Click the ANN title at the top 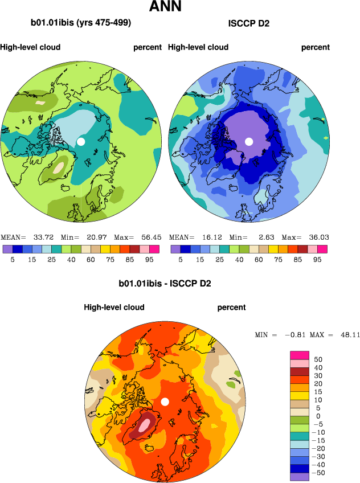[166, 7]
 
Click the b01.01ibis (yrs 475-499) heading [81, 23]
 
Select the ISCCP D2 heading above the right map [248, 23]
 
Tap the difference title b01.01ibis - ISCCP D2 [165, 283]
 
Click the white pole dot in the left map [81, 141]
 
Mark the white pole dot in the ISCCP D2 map [248, 141]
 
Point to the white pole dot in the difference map [165, 402]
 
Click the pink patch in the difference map [146, 424]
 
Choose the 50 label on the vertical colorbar [319, 360]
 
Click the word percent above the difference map [231, 308]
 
